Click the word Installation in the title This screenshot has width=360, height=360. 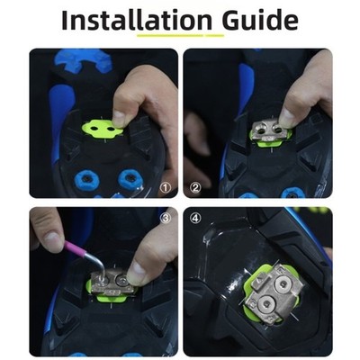(137, 20)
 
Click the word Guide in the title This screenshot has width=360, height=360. (260, 20)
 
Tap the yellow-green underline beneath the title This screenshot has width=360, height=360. (181, 35)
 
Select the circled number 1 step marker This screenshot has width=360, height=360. (166, 188)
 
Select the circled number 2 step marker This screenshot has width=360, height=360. (195, 188)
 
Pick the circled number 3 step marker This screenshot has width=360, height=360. (166, 218)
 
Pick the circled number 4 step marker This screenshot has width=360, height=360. (195, 218)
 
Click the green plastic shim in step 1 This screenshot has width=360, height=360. (102, 130)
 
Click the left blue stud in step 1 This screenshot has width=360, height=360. (86, 179)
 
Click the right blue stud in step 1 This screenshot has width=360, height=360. (130, 179)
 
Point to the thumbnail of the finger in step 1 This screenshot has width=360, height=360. (120, 118)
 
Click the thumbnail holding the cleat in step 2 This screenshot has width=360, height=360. (285, 116)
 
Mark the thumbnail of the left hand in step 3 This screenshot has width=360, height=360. (53, 239)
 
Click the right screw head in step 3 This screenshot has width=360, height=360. (122, 281)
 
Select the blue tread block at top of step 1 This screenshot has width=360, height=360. (84, 59)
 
